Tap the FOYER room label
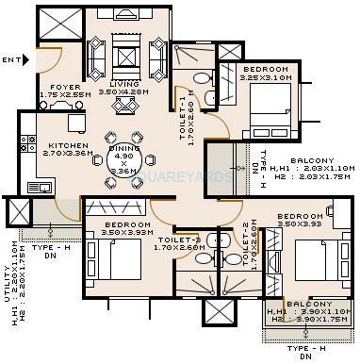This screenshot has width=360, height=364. pyautogui.click(x=56, y=86)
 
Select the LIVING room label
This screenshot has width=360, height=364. pyautogui.click(x=125, y=85)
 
